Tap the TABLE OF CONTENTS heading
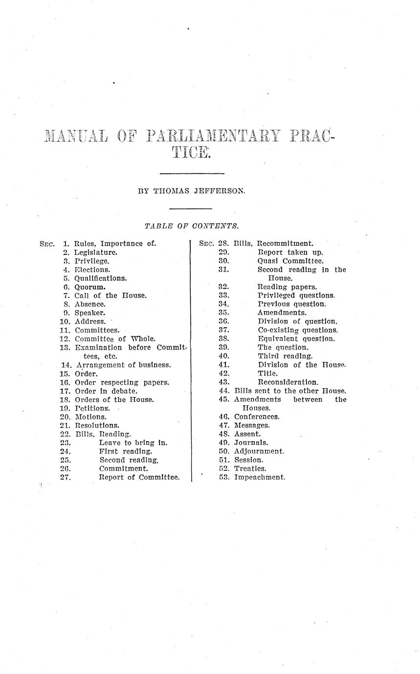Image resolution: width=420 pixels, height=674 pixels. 192,226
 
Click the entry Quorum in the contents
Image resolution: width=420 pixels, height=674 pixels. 90,287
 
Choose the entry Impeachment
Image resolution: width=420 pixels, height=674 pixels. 260,477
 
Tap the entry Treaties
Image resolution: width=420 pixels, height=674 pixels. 250,468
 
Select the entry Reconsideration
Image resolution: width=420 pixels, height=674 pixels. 288,382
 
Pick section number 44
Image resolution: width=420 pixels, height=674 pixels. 224,391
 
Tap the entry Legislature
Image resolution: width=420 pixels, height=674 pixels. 96,253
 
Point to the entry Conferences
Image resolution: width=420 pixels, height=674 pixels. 257,417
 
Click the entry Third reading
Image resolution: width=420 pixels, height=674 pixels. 285,356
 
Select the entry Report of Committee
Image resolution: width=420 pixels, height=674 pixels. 139,477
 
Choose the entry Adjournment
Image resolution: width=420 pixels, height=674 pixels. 259,451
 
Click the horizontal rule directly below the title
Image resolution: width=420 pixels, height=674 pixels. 192,173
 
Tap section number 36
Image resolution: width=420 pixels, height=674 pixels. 224,321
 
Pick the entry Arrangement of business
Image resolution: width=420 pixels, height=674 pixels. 124,364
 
